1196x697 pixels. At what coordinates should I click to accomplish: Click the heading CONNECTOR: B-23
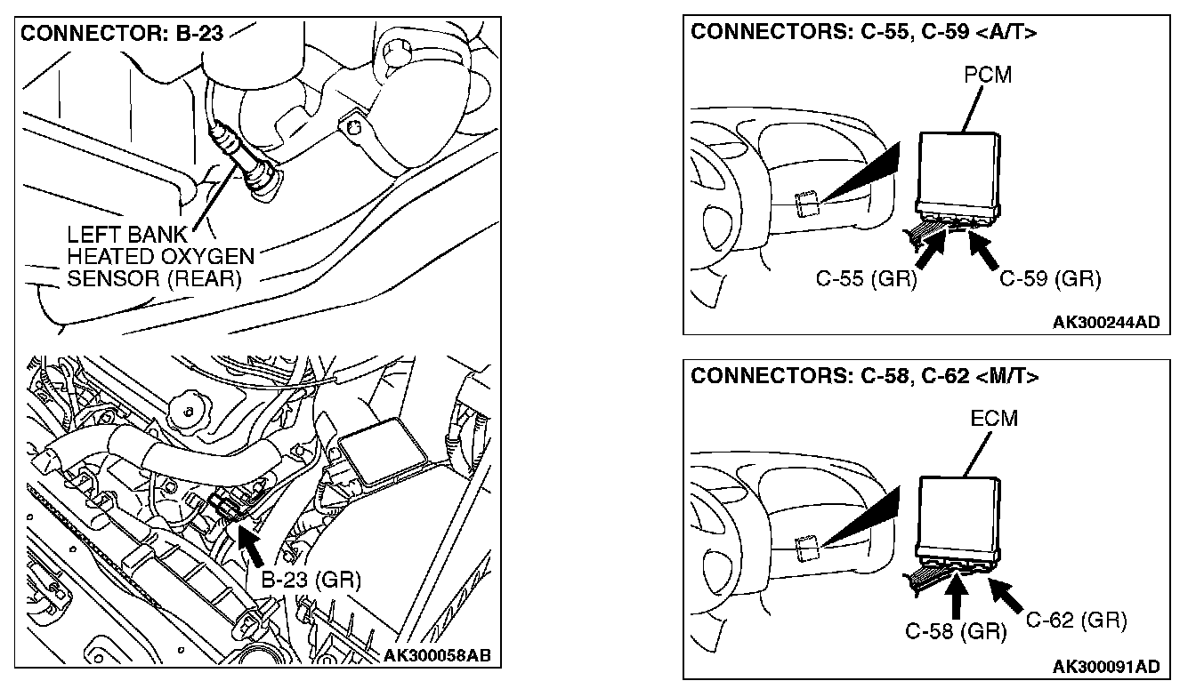point(121,36)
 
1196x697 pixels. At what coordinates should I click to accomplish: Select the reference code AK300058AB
point(437,657)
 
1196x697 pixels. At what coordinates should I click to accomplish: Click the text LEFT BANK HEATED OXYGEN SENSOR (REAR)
point(160,258)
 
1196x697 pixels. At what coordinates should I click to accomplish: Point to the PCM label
point(988,75)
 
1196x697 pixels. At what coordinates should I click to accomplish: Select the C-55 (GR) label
point(866,279)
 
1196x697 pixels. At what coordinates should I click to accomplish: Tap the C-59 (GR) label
point(1050,279)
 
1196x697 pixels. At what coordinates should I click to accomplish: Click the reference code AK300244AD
point(1106,322)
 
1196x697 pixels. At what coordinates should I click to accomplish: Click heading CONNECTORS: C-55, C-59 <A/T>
point(864,33)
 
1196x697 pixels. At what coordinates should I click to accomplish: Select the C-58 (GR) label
point(956,631)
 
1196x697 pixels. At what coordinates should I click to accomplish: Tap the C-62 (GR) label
point(1076,620)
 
